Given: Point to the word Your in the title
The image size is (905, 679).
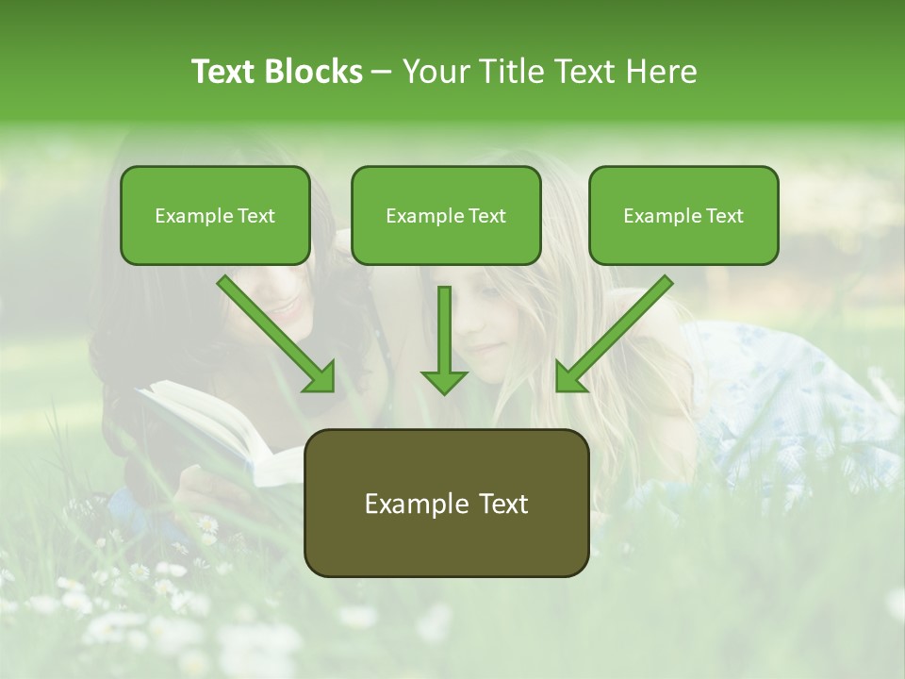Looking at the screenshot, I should (x=436, y=72).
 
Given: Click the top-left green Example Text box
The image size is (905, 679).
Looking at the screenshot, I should (x=215, y=215).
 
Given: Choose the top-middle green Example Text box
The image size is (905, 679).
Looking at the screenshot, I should (x=446, y=215).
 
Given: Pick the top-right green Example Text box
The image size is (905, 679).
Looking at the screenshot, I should (x=683, y=215).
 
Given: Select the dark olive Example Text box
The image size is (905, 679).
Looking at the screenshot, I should (x=446, y=504).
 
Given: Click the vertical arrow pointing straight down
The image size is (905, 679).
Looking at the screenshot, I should (x=444, y=339).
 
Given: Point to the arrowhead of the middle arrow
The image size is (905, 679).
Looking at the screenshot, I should (x=444, y=380).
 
